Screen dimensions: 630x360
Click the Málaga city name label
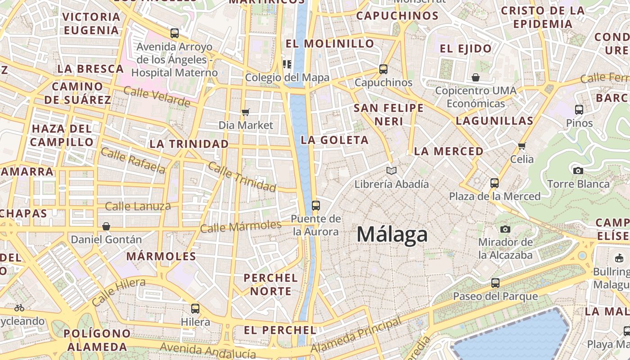(x=392, y=234)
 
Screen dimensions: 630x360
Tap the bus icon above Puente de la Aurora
(x=316, y=206)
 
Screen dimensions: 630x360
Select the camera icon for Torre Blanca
(x=578, y=171)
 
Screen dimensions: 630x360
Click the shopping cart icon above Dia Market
(x=246, y=112)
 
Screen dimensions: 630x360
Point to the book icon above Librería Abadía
(x=391, y=171)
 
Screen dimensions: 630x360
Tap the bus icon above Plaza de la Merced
(x=495, y=183)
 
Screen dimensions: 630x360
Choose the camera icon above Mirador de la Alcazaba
(x=505, y=229)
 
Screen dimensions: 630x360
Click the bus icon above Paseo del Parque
(x=495, y=283)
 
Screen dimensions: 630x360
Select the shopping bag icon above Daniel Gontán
(x=106, y=226)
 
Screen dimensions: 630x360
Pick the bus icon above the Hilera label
(x=195, y=309)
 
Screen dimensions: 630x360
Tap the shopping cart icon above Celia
(x=522, y=146)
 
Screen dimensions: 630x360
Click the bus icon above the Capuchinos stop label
(x=383, y=69)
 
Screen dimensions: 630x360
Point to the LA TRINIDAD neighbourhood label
(x=189, y=144)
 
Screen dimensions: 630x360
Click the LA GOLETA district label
(x=335, y=140)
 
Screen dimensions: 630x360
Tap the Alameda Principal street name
(x=355, y=335)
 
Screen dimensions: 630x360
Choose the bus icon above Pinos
(x=579, y=109)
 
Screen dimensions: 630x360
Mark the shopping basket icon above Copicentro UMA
(x=476, y=77)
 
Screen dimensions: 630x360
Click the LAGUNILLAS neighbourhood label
(x=494, y=121)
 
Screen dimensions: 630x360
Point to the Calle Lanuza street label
(x=138, y=207)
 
